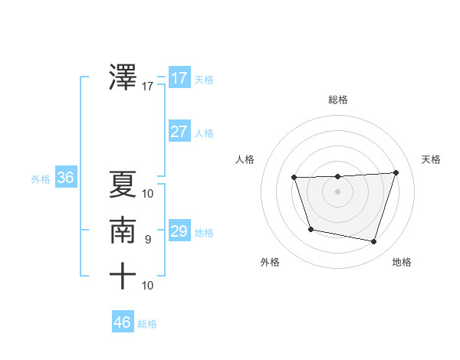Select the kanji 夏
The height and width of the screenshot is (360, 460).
pyautogui.click(x=123, y=183)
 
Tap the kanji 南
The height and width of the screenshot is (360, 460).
pyautogui.click(x=123, y=230)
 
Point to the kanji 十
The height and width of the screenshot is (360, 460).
pyautogui.click(x=123, y=276)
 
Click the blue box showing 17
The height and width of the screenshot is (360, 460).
pyautogui.click(x=179, y=78)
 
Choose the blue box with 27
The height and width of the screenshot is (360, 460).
pyautogui.click(x=179, y=132)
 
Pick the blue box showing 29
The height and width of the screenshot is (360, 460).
pyautogui.click(x=179, y=231)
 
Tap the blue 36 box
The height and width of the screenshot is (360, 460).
pyautogui.click(x=65, y=178)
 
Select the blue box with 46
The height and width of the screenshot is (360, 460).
pyautogui.click(x=123, y=322)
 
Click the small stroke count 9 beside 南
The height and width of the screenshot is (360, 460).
pyautogui.click(x=148, y=240)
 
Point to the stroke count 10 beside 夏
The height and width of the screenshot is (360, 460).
pyautogui.click(x=148, y=193)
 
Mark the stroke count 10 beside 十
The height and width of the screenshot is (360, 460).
pyautogui.click(x=148, y=286)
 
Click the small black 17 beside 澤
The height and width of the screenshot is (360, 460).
pyautogui.click(x=148, y=87)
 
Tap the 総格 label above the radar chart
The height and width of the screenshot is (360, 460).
pyautogui.click(x=338, y=100)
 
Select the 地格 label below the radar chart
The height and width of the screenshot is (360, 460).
pyautogui.click(x=402, y=263)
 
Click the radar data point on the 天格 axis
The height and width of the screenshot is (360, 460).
pyautogui.click(x=396, y=172)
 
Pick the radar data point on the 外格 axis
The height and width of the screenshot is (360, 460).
pyautogui.click(x=310, y=229)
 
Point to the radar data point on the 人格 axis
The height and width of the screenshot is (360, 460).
pyautogui.click(x=294, y=178)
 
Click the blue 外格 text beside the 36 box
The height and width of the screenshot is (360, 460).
pyautogui.click(x=41, y=179)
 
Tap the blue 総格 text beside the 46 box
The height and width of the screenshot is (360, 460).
pyautogui.click(x=147, y=324)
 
